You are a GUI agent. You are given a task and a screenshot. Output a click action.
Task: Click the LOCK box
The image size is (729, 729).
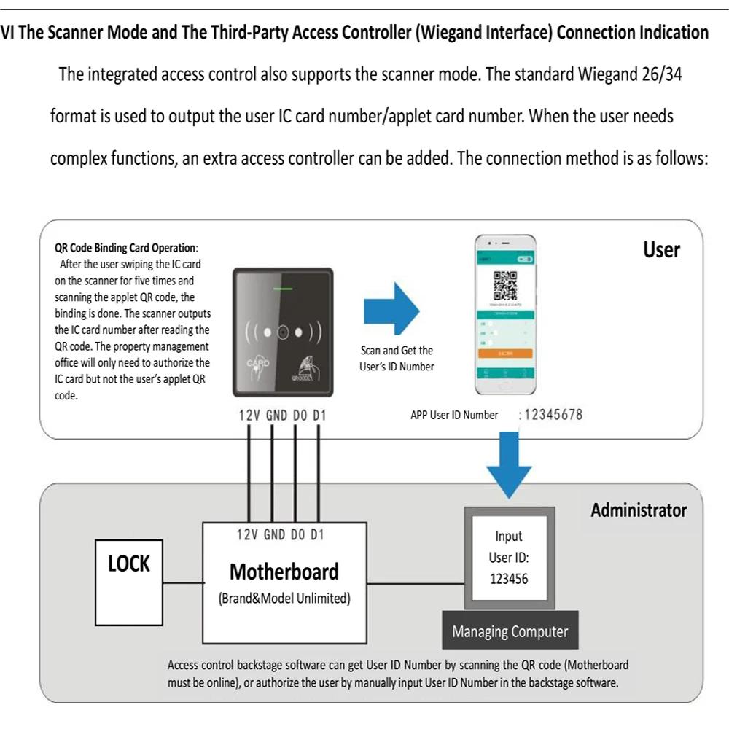tap(129, 582)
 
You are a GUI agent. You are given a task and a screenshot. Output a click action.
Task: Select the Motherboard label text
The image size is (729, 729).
tap(284, 572)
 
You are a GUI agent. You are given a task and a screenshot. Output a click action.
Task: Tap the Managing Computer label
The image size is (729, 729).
tap(510, 631)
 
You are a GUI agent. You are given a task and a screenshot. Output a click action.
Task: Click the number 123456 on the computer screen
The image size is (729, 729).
tap(509, 580)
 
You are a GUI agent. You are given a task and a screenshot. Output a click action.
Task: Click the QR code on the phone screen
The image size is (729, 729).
tap(505, 285)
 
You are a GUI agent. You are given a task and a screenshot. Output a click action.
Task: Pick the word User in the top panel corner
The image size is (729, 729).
tap(660, 250)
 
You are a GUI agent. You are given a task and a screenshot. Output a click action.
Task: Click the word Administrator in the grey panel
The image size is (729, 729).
tap(638, 510)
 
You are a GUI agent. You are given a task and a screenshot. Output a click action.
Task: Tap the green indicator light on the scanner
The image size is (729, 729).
tap(283, 289)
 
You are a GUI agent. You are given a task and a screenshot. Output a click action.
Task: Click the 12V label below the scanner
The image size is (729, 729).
tap(249, 416)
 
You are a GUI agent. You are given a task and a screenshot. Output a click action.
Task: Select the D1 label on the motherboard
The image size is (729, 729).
tap(317, 535)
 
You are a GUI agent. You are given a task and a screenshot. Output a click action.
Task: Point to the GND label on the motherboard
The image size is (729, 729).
tap(274, 535)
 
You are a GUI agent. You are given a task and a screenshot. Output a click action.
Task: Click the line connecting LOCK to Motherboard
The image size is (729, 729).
tap(182, 582)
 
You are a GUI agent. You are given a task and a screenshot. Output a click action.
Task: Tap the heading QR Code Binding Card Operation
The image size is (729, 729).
tap(126, 248)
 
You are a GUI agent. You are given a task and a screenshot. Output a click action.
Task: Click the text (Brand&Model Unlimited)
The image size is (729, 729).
tap(284, 599)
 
